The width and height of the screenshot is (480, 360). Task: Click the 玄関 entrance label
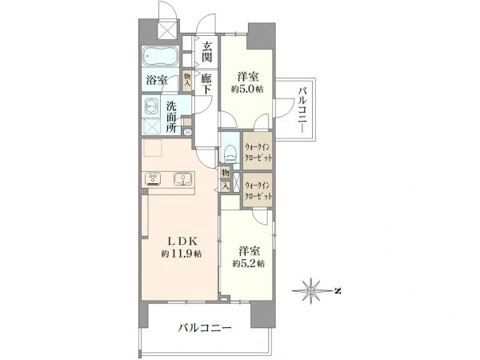coord(207,51)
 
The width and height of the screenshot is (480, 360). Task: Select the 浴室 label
coord(157,80)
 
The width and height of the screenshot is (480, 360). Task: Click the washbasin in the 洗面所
coord(151,107)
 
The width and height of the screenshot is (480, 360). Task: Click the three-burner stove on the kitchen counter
coord(154,179)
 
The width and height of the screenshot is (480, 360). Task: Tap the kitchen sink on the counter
coord(182,179)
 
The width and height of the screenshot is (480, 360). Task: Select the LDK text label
coord(182,242)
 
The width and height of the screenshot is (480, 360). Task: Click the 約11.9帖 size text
coord(182,254)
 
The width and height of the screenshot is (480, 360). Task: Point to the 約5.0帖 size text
coord(247,89)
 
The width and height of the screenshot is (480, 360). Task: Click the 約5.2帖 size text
coord(248,263)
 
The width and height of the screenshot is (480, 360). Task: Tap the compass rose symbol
coord(311,290)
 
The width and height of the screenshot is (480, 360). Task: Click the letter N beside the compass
coord(338,291)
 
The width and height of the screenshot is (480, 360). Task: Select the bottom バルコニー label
coord(205,329)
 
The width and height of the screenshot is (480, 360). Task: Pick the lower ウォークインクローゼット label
coord(258,190)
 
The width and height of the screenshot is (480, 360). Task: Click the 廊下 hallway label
coord(206,85)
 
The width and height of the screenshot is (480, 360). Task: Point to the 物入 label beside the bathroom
coord(186,80)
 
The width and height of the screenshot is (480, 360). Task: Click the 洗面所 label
coord(171,118)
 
